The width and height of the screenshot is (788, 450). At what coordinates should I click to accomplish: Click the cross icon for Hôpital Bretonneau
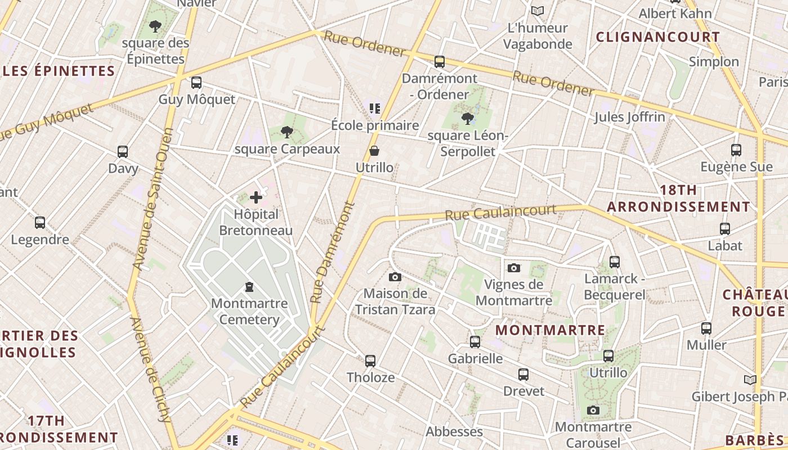coord(256,197)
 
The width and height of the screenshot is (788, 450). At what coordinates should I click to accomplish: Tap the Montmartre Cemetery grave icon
coord(249,287)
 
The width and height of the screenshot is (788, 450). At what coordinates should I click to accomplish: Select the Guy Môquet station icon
coord(196,83)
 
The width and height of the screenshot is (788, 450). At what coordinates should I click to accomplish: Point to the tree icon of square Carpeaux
coord(287,133)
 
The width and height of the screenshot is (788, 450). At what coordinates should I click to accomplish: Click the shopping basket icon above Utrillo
coord(374,151)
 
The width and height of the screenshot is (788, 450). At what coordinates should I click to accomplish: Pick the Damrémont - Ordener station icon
coord(440,62)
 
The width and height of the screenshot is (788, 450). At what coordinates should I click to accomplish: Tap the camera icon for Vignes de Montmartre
coord(513,268)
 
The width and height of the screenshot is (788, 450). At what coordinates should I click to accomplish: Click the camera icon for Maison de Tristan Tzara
coord(395,277)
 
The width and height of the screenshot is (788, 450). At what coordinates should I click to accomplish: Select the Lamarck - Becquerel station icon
coord(614,262)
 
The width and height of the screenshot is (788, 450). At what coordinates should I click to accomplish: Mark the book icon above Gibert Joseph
coord(750,380)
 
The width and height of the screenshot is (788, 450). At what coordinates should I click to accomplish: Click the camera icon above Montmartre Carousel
coord(593,410)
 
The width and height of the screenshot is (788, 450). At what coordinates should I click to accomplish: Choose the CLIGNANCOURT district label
coord(657,37)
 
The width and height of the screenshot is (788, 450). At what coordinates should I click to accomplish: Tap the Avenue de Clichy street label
coord(150,369)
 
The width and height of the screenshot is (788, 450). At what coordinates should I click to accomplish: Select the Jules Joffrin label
coord(630,117)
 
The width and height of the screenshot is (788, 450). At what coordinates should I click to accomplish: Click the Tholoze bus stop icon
coord(370,361)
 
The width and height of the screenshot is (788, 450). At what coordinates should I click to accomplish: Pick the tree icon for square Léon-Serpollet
coord(467,118)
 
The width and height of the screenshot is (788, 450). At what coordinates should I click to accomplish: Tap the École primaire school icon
coord(375,108)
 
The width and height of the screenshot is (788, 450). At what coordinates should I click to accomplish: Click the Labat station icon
coord(725,229)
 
